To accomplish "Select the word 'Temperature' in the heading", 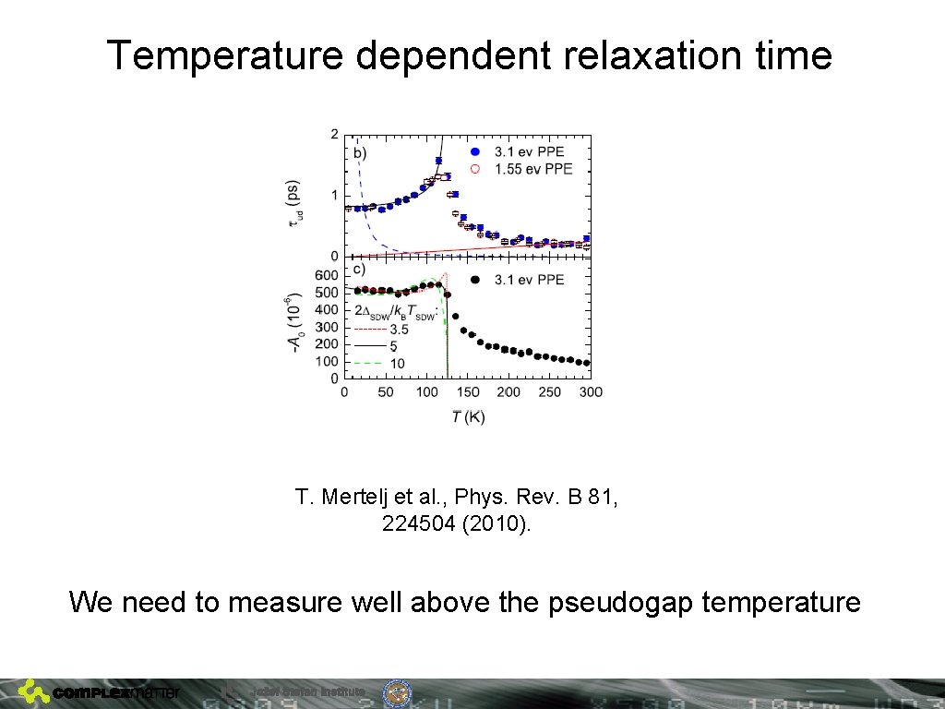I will (x=224, y=56).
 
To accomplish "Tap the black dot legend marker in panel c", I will (x=475, y=279).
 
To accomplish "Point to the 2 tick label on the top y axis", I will (x=334, y=135).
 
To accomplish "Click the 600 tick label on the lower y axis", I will (x=327, y=276).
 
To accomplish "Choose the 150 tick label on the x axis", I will (x=469, y=392).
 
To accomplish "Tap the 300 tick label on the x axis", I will (x=591, y=392).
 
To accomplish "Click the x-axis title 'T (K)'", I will (x=468, y=417).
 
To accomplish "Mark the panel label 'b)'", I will (x=360, y=152).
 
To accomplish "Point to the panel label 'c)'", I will (x=360, y=270).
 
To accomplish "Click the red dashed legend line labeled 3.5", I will (x=369, y=328).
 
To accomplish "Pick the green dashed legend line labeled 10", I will (x=369, y=363).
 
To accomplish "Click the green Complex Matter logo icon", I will (x=34, y=691).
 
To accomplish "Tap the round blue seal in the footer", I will (x=397, y=693).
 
